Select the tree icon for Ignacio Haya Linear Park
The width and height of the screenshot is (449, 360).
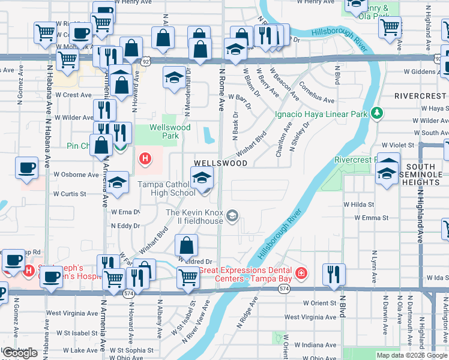click(377, 113)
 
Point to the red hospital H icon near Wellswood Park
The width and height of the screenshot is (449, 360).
click(145, 159)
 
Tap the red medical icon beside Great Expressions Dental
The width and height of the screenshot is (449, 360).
click(301, 274)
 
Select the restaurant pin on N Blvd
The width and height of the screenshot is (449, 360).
click(334, 274)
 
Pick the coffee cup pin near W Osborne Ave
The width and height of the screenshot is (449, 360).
click(27, 169)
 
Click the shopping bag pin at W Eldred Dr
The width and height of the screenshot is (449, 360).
click(187, 245)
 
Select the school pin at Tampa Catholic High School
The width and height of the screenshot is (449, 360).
click(202, 178)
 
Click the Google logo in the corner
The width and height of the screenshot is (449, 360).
click(20, 353)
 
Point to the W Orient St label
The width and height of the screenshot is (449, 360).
click(319, 303)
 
